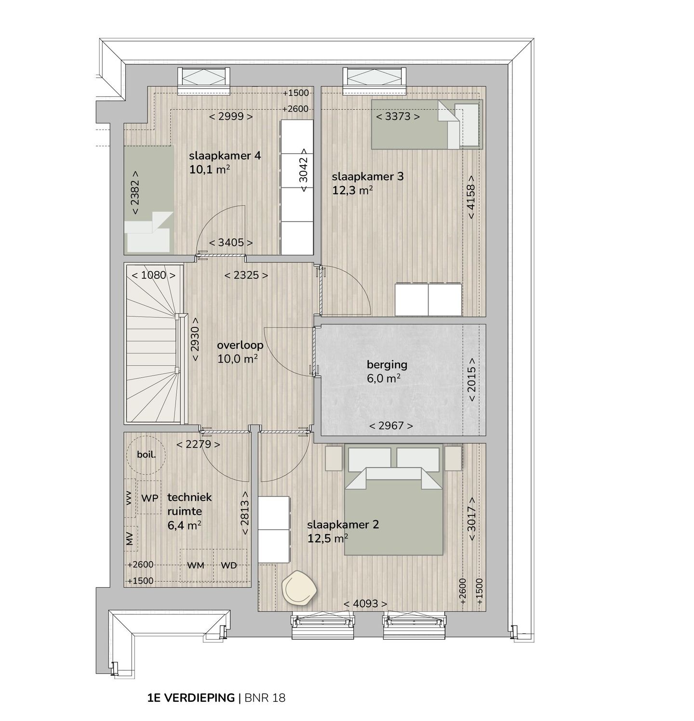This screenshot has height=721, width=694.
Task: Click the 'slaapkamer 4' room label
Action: click(x=225, y=156)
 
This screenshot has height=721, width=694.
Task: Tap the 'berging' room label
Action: click(x=387, y=365)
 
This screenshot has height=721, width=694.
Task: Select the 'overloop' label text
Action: click(x=240, y=345)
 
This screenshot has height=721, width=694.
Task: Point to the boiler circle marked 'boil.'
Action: click(x=146, y=454)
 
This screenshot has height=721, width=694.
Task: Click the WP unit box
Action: click(x=149, y=498)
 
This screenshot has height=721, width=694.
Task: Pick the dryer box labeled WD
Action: click(x=229, y=565)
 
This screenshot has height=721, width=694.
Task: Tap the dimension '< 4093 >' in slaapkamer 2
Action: click(x=365, y=603)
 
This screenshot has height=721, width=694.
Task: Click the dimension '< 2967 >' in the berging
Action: click(x=391, y=426)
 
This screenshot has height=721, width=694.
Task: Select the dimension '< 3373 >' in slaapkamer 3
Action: click(x=398, y=116)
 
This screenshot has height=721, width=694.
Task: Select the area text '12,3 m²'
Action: click(x=352, y=190)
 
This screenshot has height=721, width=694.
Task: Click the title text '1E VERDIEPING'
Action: click(x=191, y=697)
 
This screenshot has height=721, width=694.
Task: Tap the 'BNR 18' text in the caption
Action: click(x=265, y=697)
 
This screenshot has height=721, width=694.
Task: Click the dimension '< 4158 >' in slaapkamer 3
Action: click(x=471, y=202)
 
